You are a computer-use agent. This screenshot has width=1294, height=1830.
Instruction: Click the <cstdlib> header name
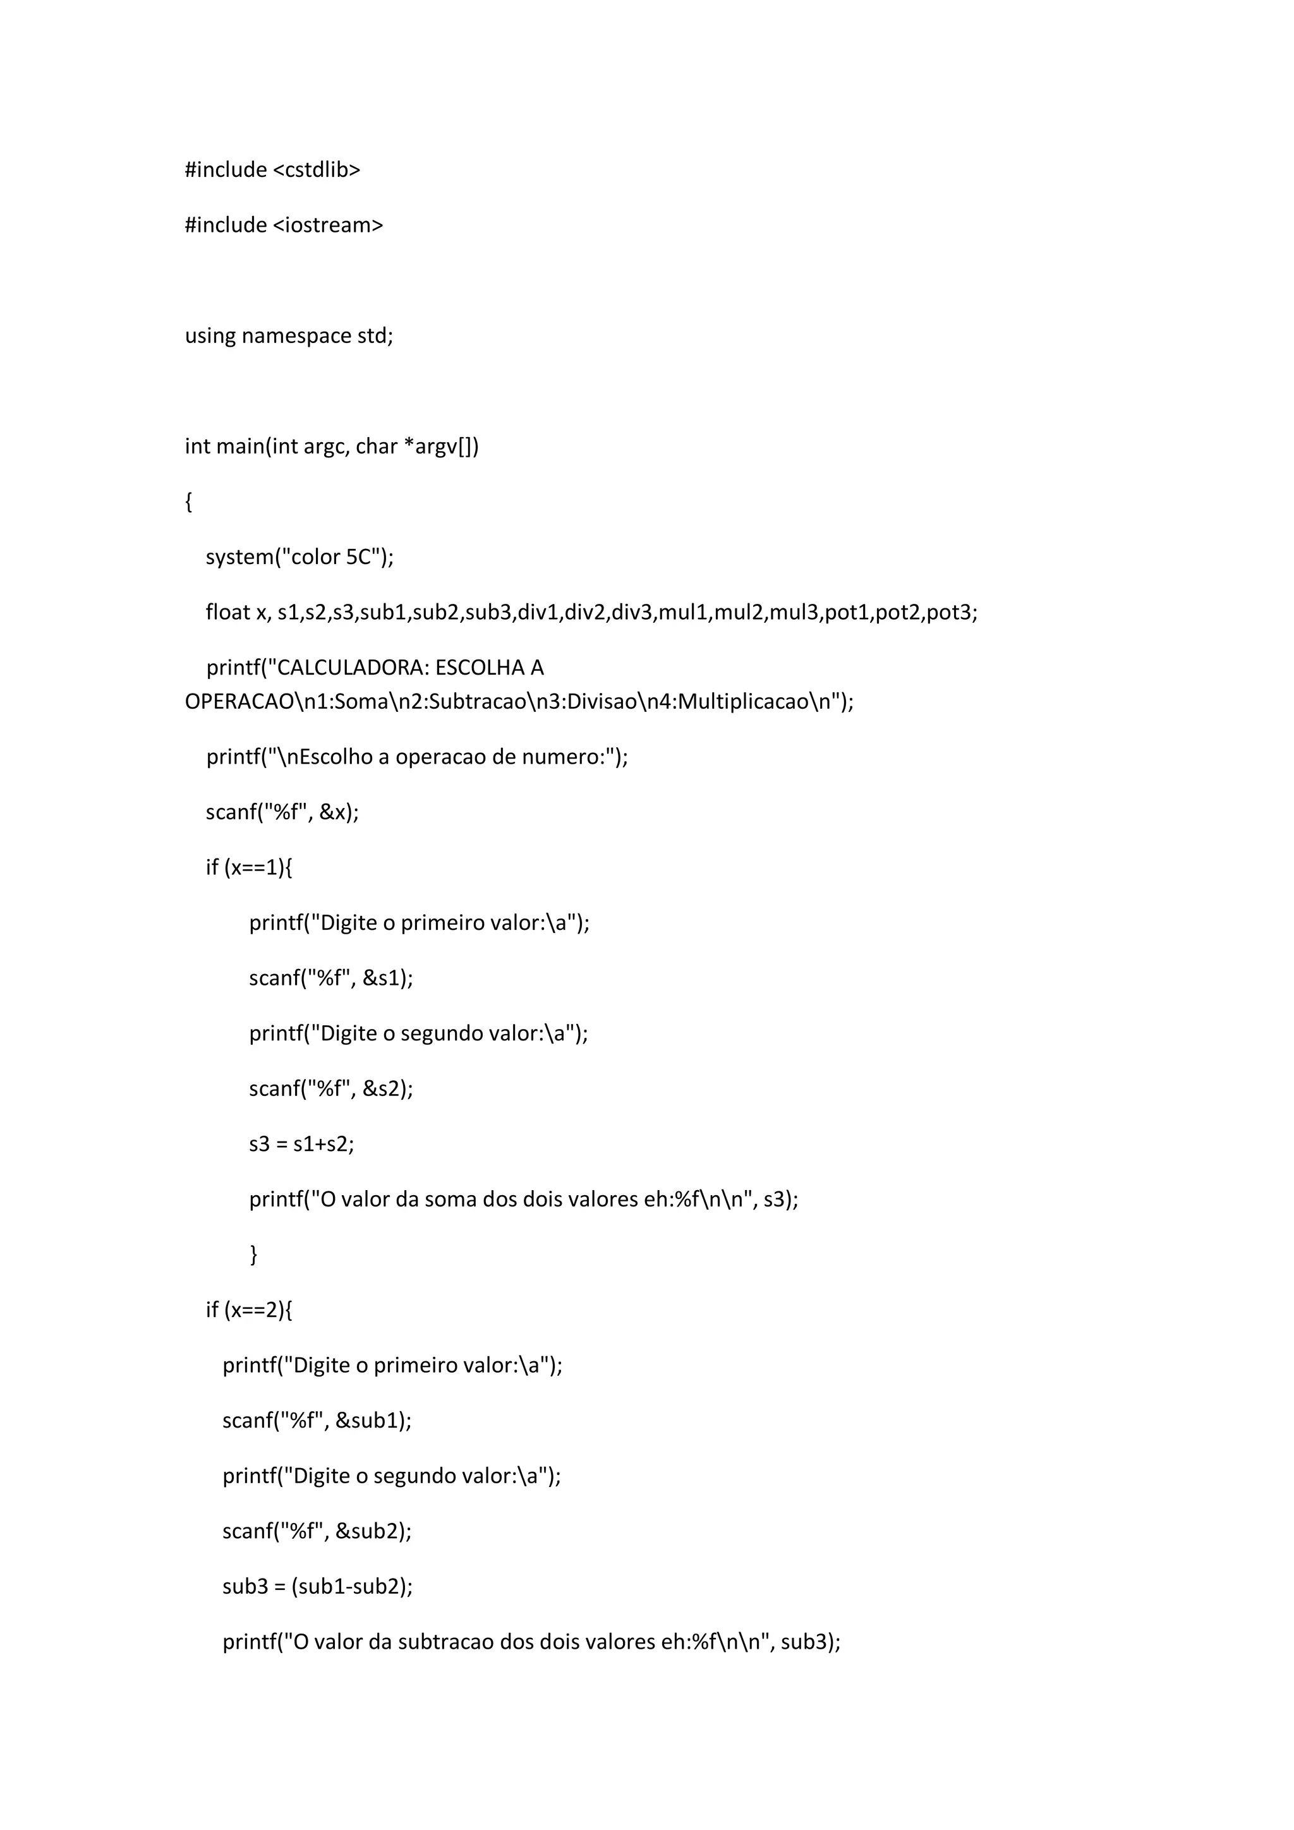point(317,170)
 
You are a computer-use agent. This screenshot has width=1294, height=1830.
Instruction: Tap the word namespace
point(295,335)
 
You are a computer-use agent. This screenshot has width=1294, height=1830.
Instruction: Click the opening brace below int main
point(189,502)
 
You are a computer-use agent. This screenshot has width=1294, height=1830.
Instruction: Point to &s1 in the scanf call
point(381,978)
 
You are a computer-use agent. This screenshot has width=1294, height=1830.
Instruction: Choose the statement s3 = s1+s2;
point(301,1144)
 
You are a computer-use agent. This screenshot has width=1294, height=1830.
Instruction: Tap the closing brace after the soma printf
point(253,1255)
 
